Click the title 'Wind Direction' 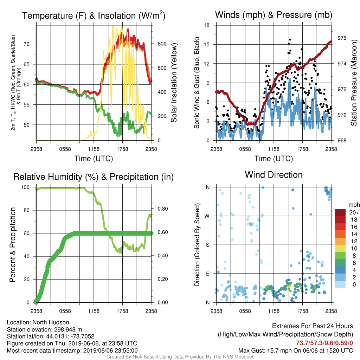coord(274,175)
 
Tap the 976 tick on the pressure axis coord(342,38)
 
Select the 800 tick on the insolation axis coord(162,44)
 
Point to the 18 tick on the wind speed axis coord(207,25)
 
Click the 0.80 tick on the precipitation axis coord(162,209)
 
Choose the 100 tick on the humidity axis coord(25,187)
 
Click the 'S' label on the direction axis coord(207,245)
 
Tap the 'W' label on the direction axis coord(207,216)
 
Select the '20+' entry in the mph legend coord(354,213)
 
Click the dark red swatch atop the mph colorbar coord(340,212)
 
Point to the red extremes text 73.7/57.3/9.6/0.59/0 coord(324,343)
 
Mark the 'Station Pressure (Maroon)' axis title coord(354,83)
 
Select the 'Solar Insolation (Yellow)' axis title coord(174,83)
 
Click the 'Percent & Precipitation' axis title coord(13,245)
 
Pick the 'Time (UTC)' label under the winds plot coord(274,159)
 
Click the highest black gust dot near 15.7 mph coord(290,40)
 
